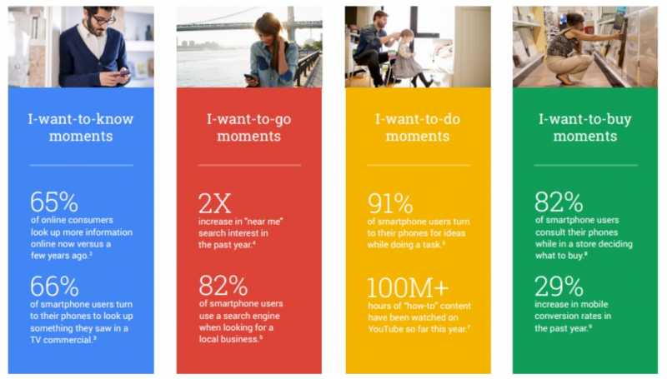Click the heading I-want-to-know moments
[81, 127]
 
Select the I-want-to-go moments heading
[248, 127]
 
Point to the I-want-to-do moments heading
[418, 127]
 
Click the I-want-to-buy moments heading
[584, 127]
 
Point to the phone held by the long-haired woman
[251, 77]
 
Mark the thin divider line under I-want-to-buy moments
[584, 165]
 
